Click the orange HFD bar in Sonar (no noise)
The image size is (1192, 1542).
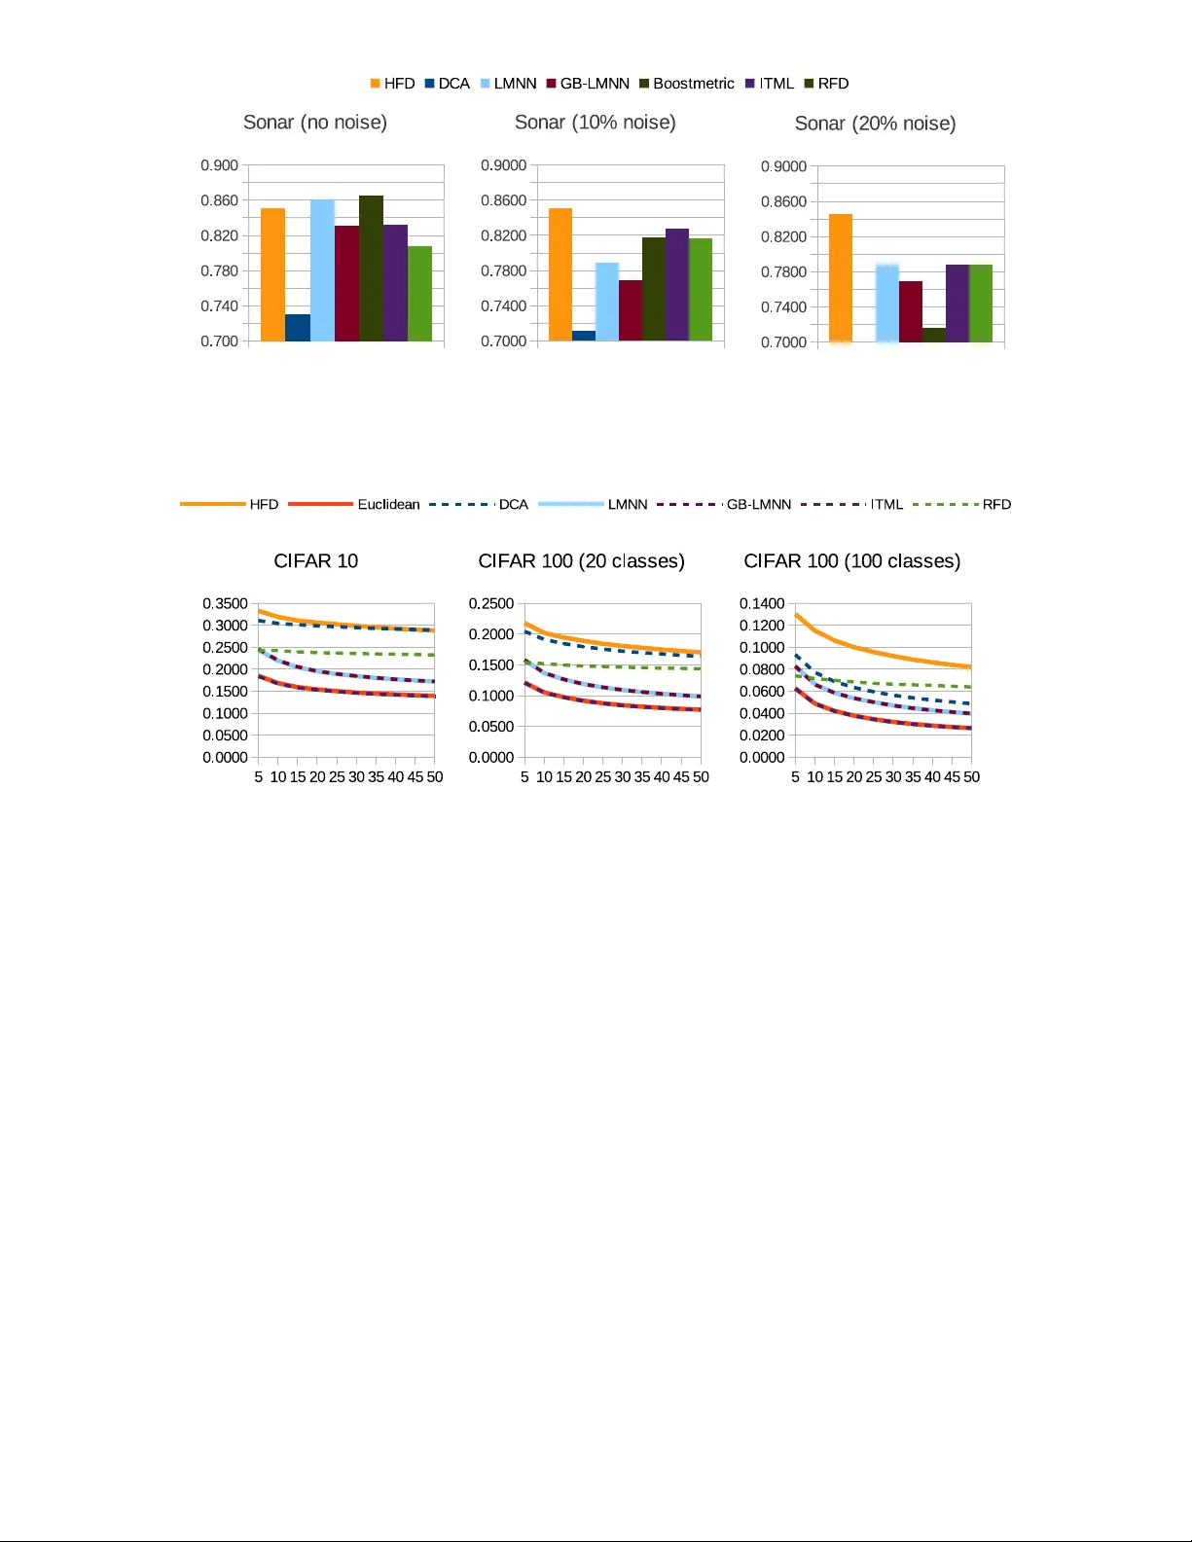[272, 274]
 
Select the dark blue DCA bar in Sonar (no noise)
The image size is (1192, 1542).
[298, 328]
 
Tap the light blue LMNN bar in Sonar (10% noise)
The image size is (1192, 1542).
[607, 302]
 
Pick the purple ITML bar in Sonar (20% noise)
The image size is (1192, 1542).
[957, 304]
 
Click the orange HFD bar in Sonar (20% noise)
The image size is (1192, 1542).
[841, 278]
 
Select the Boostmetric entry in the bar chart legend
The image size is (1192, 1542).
[687, 84]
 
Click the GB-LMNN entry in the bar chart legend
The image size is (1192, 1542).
[588, 84]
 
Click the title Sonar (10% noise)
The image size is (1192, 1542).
[595, 123]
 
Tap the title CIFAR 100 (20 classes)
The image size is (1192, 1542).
[581, 561]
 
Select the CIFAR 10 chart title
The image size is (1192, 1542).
[315, 561]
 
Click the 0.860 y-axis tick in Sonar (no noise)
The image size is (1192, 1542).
[219, 200]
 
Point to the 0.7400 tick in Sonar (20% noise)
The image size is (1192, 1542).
[783, 307]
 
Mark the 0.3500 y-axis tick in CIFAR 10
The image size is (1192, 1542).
[225, 604]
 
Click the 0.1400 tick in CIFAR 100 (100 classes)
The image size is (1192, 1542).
[762, 604]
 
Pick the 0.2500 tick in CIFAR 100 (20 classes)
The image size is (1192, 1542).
[491, 604]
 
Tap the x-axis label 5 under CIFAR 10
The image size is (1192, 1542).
[259, 777]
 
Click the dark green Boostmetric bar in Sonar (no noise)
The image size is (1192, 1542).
[371, 269]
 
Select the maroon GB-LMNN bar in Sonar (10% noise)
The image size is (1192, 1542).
[631, 310]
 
